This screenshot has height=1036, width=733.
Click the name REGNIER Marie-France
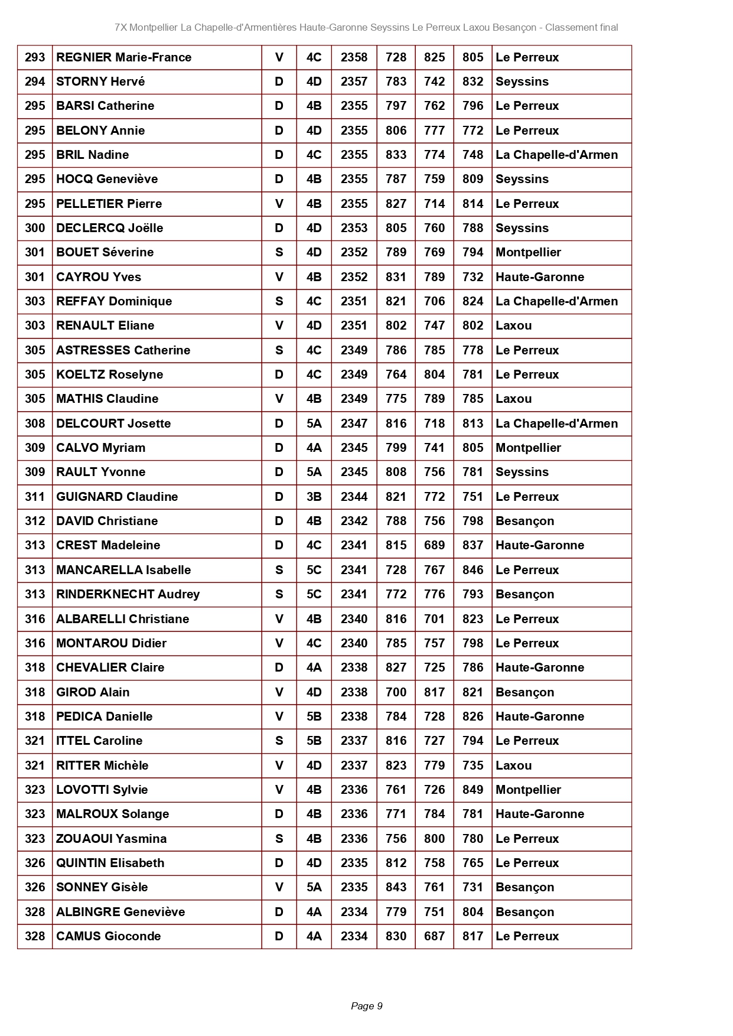(x=123, y=57)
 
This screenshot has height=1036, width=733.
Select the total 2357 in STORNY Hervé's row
(x=354, y=82)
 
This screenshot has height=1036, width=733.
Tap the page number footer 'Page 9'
(x=366, y=1006)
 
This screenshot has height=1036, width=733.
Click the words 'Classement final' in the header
(x=581, y=27)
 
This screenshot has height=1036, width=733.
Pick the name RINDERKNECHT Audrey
(x=128, y=594)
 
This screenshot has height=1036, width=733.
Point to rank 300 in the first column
(x=35, y=228)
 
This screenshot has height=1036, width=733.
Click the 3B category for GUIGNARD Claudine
(x=314, y=497)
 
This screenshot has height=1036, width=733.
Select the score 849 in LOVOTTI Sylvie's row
(x=473, y=790)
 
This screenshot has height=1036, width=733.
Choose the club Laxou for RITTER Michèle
(x=513, y=765)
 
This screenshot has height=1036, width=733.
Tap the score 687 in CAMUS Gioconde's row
(x=434, y=936)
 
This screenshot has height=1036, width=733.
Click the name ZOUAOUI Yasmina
(x=111, y=839)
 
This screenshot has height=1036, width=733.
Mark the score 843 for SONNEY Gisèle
(x=396, y=887)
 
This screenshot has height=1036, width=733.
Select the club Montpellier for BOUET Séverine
(x=528, y=252)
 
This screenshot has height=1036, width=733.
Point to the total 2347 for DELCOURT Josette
(x=354, y=423)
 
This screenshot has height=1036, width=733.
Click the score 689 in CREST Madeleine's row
(x=434, y=545)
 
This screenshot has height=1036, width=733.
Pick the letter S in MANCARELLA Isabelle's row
(x=279, y=570)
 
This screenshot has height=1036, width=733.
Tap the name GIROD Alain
(x=93, y=692)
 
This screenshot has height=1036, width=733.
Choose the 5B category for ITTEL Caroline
(x=314, y=741)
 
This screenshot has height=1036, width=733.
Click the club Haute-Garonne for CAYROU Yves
(x=539, y=277)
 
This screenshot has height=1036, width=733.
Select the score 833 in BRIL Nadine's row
(x=396, y=155)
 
